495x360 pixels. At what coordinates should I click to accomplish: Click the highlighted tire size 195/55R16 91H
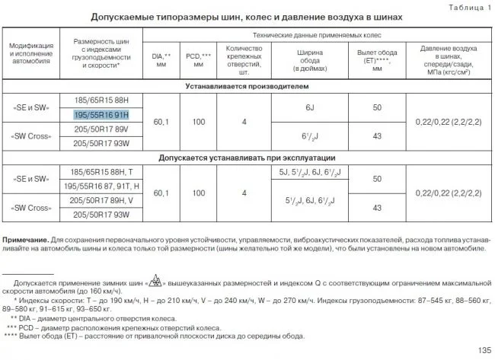click(102, 114)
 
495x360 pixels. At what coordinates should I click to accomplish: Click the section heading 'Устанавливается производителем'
click(248, 86)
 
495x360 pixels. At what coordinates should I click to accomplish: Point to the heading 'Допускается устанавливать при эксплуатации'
click(248, 158)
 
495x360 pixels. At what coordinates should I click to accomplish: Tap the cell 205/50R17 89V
click(102, 129)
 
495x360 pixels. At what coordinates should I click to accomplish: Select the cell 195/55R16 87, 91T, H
click(102, 186)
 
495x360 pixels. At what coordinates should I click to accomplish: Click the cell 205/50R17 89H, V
click(102, 200)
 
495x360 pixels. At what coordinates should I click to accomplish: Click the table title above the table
click(246, 17)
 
